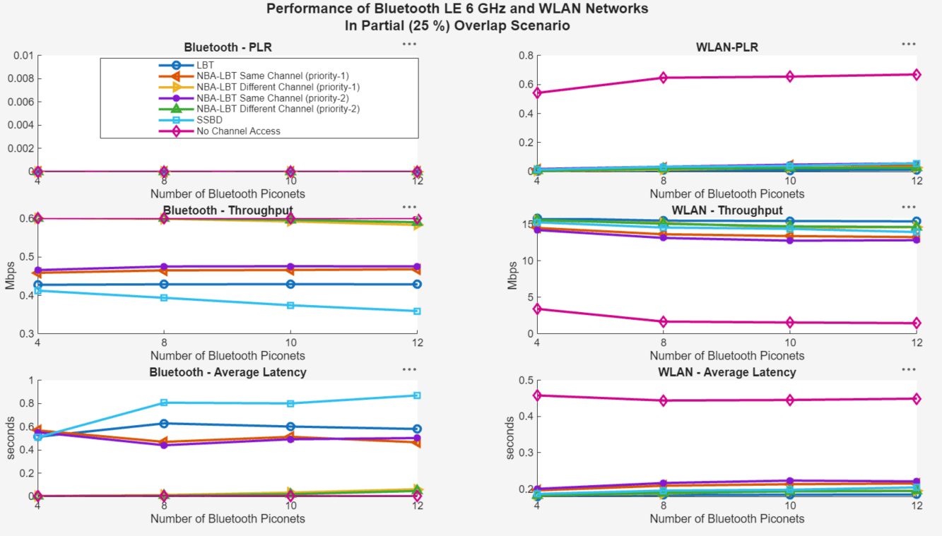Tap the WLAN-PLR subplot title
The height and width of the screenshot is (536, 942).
726,47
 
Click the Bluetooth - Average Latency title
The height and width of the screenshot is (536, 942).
228,372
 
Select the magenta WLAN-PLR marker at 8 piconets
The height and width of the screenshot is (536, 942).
663,78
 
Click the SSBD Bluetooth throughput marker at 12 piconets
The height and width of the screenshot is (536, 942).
417,311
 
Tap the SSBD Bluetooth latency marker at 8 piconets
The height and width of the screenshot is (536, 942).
164,403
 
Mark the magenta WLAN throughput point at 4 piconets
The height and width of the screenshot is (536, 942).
537,309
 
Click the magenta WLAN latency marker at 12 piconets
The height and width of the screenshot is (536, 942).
916,399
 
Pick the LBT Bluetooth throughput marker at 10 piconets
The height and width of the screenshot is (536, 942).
290,284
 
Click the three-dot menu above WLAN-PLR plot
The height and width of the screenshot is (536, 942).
908,44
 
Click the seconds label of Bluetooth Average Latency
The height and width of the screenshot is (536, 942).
10,438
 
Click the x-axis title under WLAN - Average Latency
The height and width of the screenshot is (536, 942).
726,518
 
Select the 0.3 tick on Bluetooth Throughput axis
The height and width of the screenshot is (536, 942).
25,333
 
